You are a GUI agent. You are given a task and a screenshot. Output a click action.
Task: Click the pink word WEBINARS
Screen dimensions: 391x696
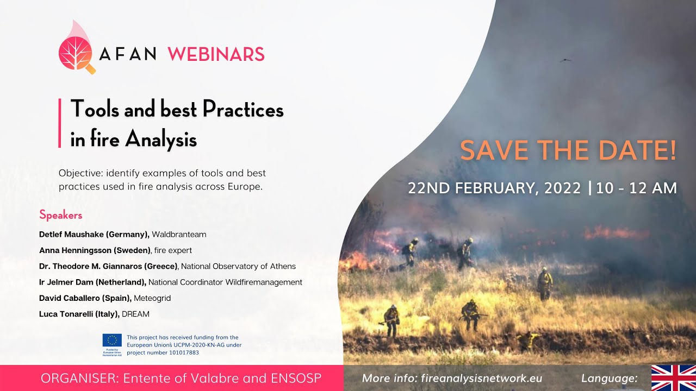tap(216, 54)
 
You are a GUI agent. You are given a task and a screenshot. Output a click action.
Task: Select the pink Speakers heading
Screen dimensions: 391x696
tap(61, 215)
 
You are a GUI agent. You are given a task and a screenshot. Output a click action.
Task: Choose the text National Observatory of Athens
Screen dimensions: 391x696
tap(239, 266)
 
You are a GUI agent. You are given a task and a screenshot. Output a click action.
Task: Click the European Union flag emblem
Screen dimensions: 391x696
tap(112, 340)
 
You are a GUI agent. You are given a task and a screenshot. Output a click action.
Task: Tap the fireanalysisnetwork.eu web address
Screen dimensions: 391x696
tap(481, 379)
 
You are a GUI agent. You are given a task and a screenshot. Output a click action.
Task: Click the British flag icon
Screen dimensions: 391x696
tap(673, 378)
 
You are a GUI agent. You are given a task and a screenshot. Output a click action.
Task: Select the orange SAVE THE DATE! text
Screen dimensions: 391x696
tap(568, 150)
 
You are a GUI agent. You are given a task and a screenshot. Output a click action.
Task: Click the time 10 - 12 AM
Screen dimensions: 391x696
tap(636, 188)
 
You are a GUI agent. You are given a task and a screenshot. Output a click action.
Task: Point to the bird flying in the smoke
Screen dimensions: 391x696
tap(565, 60)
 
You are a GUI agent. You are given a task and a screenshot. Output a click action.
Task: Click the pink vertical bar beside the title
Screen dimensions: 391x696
tap(59, 123)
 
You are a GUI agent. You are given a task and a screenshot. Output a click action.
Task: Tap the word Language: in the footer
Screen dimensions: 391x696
tap(610, 379)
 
